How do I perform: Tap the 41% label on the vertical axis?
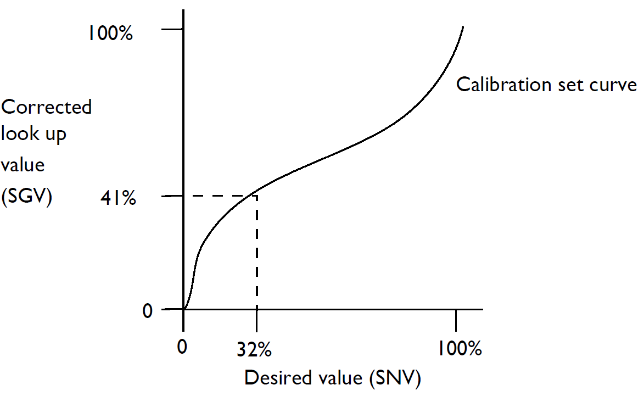117,198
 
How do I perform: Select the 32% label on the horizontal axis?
254,349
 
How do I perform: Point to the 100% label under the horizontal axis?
460,349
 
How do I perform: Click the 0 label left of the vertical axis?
147,311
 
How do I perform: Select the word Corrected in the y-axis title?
46,107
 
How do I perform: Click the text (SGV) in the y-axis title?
26,197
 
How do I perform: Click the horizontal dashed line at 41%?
220,196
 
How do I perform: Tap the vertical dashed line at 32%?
257,253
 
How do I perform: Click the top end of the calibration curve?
463,26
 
